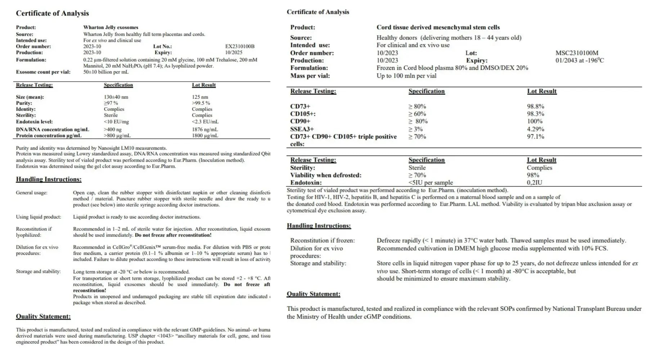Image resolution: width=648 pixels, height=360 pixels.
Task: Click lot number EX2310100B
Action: pos(240,46)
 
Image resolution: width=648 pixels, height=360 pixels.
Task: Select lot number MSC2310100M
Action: pos(577,53)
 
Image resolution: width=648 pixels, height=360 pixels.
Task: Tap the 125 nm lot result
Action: pos(200,97)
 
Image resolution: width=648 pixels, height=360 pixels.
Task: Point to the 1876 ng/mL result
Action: pos(205,130)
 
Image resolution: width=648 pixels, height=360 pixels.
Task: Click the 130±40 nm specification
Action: pos(116,97)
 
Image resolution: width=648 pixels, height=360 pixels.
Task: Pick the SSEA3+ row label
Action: pos(302,129)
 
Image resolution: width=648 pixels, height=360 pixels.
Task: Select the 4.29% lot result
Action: pos(536,129)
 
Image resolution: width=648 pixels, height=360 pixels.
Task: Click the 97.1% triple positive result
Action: pos(536,136)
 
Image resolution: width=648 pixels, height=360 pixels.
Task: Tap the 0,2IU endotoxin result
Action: pos(534,183)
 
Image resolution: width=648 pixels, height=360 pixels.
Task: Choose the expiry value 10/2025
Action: pos(234,53)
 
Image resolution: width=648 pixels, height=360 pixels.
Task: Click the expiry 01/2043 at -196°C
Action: pos(580,60)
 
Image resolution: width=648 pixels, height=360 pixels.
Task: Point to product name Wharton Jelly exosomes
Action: pos(111,27)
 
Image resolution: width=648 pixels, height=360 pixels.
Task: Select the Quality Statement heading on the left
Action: pos(43,316)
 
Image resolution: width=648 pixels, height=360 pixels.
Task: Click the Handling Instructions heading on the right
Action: pos(319,226)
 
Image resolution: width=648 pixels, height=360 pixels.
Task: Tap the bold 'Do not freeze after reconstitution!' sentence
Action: pos(173,235)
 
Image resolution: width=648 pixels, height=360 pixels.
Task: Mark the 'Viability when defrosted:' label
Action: pos(326,175)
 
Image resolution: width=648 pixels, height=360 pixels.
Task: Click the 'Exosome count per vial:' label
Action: pos(43,72)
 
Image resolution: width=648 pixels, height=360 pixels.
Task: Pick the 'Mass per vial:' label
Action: pos(310,76)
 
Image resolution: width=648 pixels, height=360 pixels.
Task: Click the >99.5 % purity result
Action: pos(201,103)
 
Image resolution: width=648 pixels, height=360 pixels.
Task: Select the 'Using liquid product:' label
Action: pos(39,217)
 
